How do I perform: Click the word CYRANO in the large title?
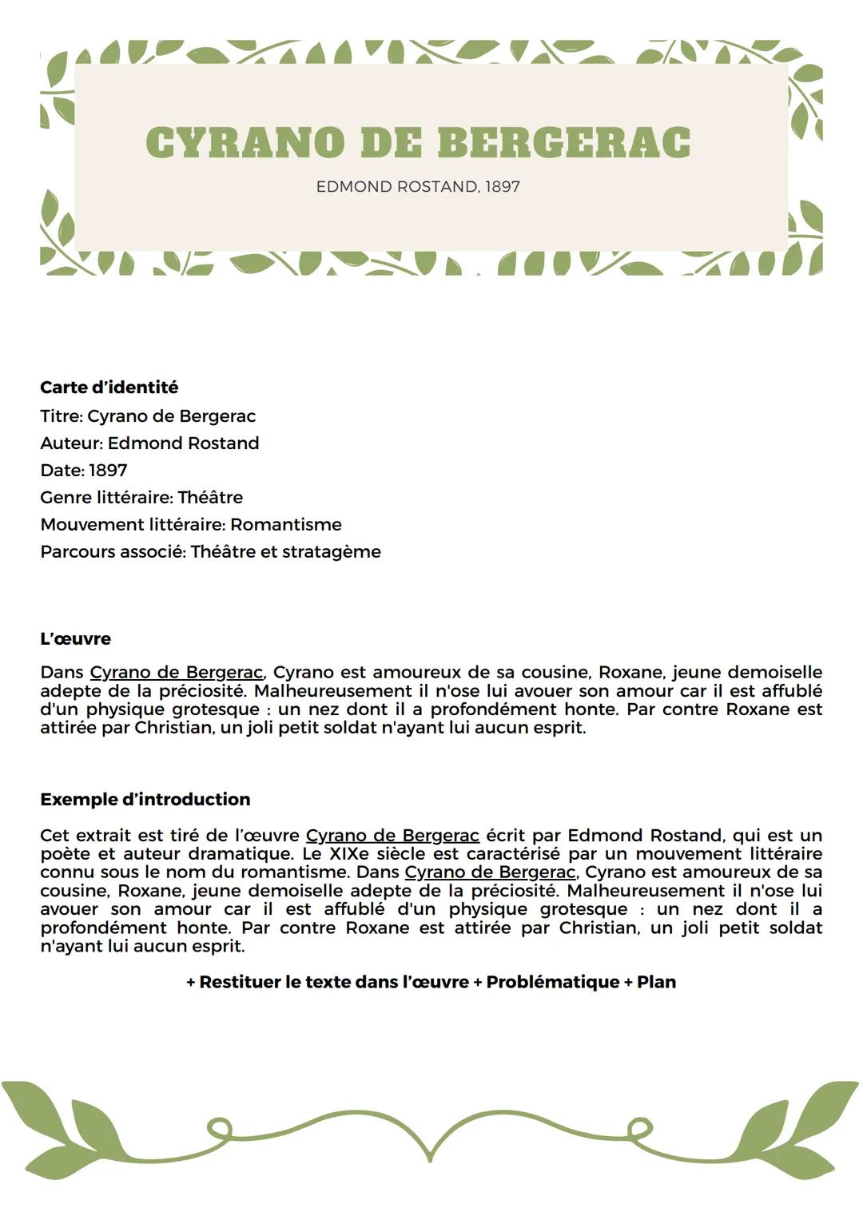coord(245,142)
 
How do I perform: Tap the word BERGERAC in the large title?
coord(564,142)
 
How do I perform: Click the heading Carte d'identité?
coord(109,387)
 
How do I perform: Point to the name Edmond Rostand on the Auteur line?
coord(183,443)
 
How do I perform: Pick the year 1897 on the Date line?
coord(108,471)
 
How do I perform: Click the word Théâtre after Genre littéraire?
coord(210,498)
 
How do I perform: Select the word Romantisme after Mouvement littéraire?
coord(285,525)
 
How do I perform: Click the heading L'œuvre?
coord(75,639)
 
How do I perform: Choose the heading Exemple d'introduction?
coord(145,800)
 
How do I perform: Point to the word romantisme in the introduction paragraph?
coord(296,872)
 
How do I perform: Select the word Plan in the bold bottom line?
coord(656,982)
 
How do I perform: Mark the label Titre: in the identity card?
coord(61,416)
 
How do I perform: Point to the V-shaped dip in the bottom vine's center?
coord(430,1155)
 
